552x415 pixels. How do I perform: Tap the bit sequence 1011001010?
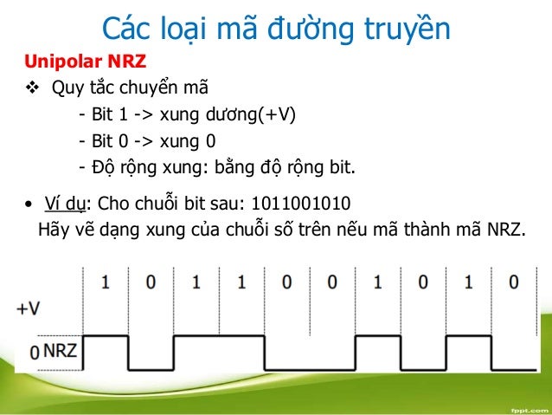(300, 204)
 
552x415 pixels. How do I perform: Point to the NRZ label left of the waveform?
(59, 351)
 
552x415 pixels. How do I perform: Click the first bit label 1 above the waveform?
(106, 283)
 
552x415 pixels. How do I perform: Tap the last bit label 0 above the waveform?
(514, 283)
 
